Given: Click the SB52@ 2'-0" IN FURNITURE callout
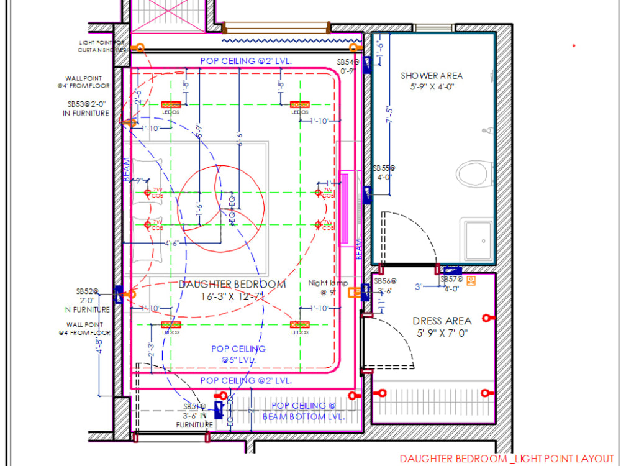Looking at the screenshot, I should tap(87, 300).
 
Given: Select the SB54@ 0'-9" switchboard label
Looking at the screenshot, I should tap(348, 66).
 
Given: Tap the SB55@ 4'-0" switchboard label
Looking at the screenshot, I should tap(383, 172).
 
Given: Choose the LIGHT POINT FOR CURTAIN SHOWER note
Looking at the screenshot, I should tap(102, 47).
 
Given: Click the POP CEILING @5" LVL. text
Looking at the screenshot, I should tap(238, 354).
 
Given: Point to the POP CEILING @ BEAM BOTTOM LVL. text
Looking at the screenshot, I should tap(302, 411).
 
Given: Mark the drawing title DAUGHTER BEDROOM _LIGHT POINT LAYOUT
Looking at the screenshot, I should tap(506, 459).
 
